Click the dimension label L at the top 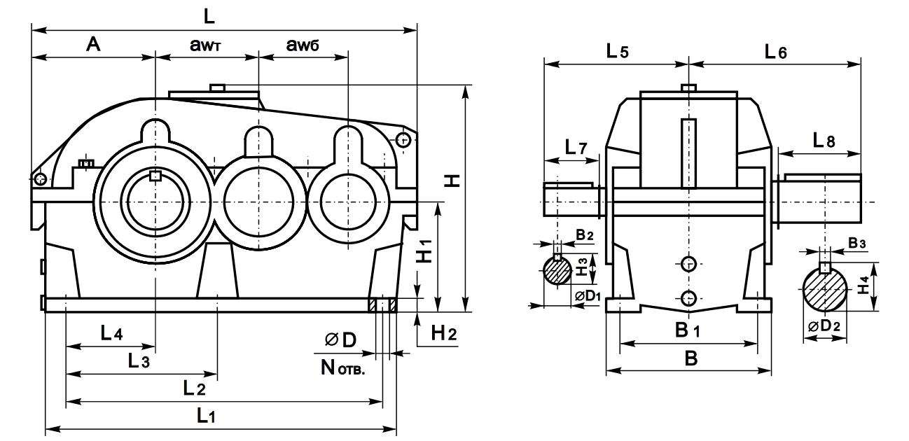208,15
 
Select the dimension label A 93,45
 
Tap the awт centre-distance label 209,45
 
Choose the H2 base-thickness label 442,334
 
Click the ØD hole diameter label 340,339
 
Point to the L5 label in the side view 618,50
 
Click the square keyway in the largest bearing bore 155,176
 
